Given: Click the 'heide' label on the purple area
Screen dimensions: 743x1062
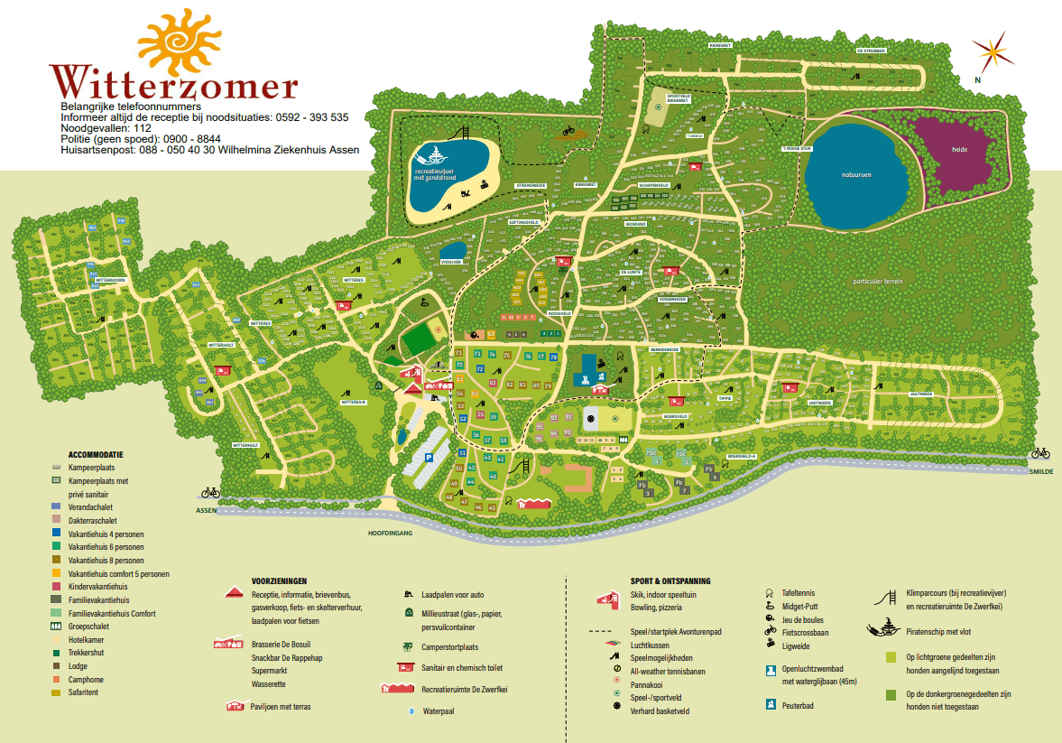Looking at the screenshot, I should pos(958,150).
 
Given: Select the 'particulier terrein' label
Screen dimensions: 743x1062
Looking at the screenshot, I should pos(877,281).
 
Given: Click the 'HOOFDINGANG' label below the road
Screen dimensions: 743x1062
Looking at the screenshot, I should pos(390,534).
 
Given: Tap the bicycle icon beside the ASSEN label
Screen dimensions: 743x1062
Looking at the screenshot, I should pos(210,492).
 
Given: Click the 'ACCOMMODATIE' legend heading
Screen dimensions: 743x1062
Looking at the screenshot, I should pos(96,454).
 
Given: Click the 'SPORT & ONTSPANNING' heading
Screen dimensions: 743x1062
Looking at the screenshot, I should pos(670,581).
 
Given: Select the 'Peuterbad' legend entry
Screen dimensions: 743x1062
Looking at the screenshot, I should pos(799,705).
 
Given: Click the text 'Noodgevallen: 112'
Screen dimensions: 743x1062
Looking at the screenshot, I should pos(106,128).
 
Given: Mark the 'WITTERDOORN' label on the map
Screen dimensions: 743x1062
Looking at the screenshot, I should pos(107,281).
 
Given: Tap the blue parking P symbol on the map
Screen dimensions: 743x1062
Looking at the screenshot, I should pos(429,459).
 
